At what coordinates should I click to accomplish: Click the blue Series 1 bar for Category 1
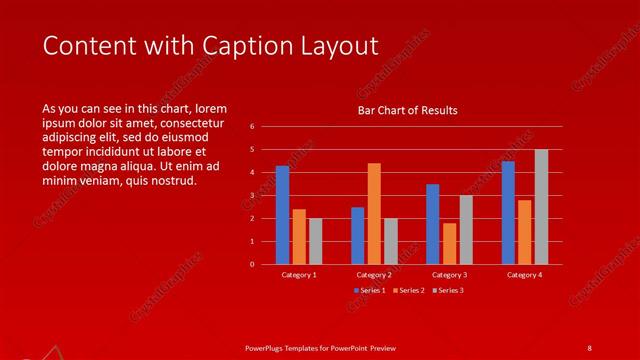click(x=282, y=215)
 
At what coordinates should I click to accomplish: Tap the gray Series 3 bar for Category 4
click(x=541, y=207)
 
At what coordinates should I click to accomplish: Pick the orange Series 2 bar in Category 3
click(x=449, y=244)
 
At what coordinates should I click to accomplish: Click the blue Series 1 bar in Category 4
click(x=508, y=213)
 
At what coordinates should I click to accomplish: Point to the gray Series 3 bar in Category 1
click(x=315, y=241)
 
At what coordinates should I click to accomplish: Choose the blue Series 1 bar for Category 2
click(x=357, y=236)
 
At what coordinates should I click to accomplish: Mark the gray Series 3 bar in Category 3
click(x=466, y=230)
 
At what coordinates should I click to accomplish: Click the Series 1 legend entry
click(x=371, y=290)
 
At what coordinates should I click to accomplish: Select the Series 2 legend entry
click(x=410, y=290)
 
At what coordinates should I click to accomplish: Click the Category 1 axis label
click(x=299, y=275)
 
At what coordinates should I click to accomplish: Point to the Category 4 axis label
click(x=524, y=275)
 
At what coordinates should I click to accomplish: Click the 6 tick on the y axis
click(x=253, y=127)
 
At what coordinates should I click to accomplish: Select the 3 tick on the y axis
click(x=253, y=196)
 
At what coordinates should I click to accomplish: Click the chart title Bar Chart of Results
click(x=408, y=110)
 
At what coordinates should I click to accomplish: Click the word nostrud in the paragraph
click(x=175, y=181)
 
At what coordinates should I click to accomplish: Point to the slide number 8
click(x=589, y=348)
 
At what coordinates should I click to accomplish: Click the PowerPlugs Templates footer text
click(x=320, y=348)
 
